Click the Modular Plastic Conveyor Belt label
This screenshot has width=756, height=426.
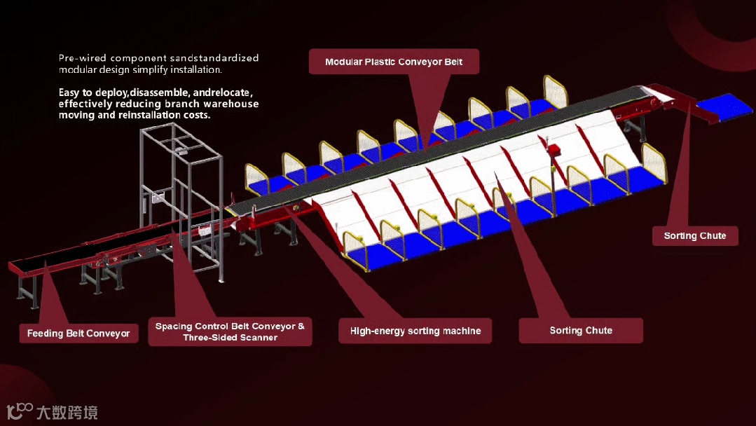pos(394,62)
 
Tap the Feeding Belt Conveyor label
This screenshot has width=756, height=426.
pos(78,334)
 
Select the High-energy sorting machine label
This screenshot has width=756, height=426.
pos(415,331)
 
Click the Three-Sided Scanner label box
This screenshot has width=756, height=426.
pos(230,332)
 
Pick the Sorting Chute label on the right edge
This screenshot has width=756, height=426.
pos(694,236)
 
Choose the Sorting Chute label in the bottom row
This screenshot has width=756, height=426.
pos(581,331)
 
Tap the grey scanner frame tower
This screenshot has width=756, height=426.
pos(179,189)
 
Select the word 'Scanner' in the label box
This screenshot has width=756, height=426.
pos(259,338)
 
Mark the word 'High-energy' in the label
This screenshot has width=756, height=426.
pos(379,331)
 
